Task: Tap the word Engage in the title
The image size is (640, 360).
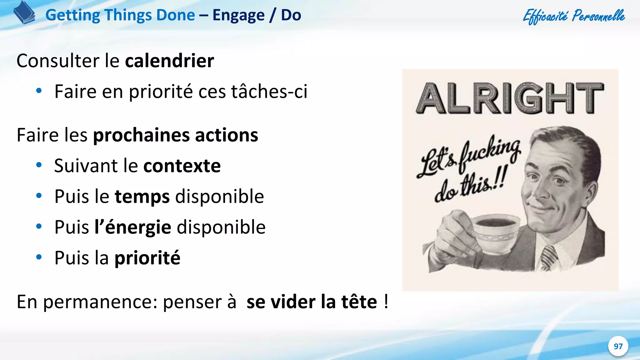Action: (x=238, y=15)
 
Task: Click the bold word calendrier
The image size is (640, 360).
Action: (x=169, y=61)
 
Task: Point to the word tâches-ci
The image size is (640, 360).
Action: (x=269, y=92)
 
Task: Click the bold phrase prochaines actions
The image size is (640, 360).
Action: (x=176, y=135)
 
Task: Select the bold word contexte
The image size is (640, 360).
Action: (x=182, y=166)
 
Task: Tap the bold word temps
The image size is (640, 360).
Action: (x=142, y=197)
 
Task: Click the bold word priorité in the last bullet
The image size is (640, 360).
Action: (x=147, y=258)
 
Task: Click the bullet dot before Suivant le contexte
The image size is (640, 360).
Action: (x=39, y=165)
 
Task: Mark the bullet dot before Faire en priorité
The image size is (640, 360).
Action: (x=39, y=91)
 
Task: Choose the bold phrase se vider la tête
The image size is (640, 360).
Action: (x=312, y=302)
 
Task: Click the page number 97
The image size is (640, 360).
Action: (x=618, y=346)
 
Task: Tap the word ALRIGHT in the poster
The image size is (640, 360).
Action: (x=510, y=98)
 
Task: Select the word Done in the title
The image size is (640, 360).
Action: (x=176, y=15)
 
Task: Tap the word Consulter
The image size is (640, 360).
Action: (x=58, y=61)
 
